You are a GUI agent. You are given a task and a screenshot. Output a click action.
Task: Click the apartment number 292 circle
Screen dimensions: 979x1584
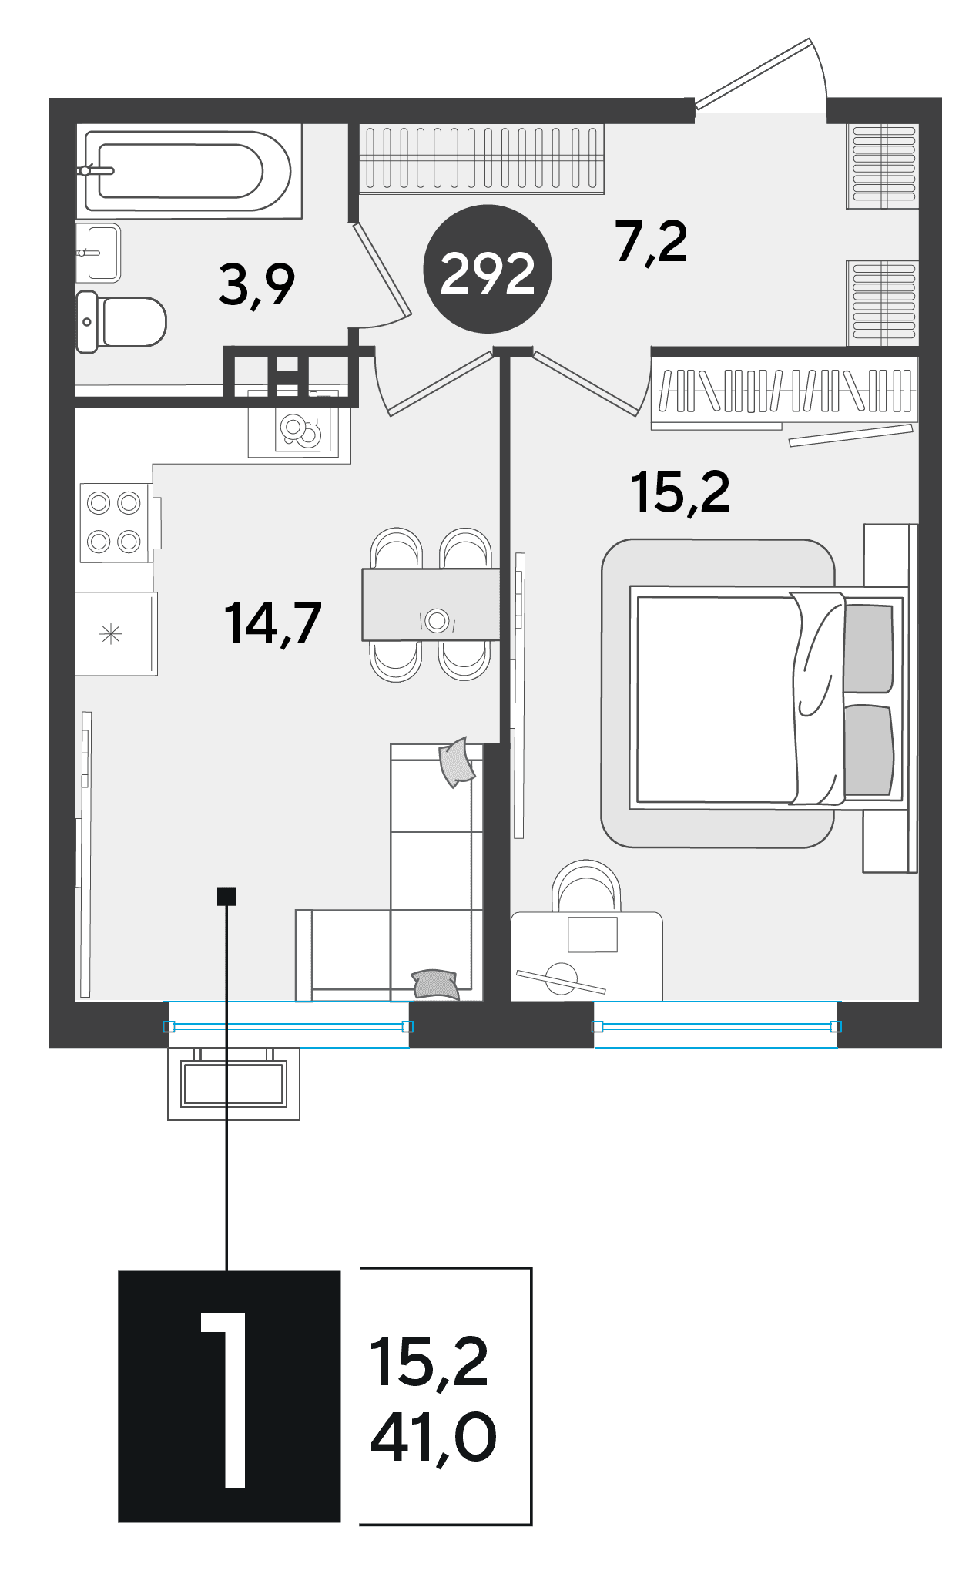tap(488, 269)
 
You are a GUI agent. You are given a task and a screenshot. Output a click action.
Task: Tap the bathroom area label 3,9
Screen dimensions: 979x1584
tap(256, 284)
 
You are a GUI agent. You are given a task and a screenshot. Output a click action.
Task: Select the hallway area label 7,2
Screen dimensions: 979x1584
tap(651, 242)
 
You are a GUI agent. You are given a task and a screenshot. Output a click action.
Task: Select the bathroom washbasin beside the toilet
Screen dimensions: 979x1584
tap(99, 252)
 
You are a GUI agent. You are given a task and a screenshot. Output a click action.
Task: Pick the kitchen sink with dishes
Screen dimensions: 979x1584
tap(301, 428)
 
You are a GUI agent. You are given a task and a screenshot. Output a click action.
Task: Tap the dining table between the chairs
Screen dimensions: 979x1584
tap(431, 604)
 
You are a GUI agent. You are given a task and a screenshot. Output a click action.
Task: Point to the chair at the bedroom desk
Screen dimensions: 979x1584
tap(587, 886)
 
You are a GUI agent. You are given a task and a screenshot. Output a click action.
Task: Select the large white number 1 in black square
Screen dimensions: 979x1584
tap(224, 1399)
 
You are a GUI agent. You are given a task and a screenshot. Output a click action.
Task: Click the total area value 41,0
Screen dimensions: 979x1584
tap(434, 1437)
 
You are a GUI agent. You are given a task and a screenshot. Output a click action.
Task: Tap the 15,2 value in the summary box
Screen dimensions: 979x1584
tap(429, 1363)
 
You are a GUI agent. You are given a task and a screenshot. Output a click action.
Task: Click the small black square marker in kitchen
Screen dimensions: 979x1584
tap(226, 896)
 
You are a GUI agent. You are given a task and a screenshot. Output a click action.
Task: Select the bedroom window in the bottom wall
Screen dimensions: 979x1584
tap(716, 1025)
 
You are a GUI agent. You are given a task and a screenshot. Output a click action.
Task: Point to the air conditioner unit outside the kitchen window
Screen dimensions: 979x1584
tap(234, 1083)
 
